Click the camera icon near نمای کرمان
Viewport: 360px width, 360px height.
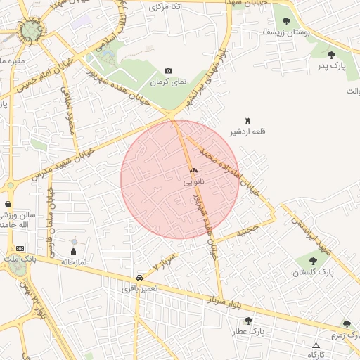[168, 70]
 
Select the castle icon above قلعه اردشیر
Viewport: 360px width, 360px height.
[247, 121]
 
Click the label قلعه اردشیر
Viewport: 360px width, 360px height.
[247, 132]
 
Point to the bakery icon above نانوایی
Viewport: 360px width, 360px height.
[194, 170]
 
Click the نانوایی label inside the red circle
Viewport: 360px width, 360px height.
[194, 181]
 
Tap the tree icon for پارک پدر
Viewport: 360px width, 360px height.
[331, 54]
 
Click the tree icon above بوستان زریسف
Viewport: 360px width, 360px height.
[286, 20]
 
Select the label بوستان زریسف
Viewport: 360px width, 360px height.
[286, 32]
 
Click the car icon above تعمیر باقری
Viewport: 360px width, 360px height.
[138, 278]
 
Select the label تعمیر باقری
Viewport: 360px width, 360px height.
[139, 288]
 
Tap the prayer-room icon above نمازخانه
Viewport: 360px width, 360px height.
[74, 251]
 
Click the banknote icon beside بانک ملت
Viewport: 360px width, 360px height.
[19, 248]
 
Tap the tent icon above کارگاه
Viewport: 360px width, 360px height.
[316, 345]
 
